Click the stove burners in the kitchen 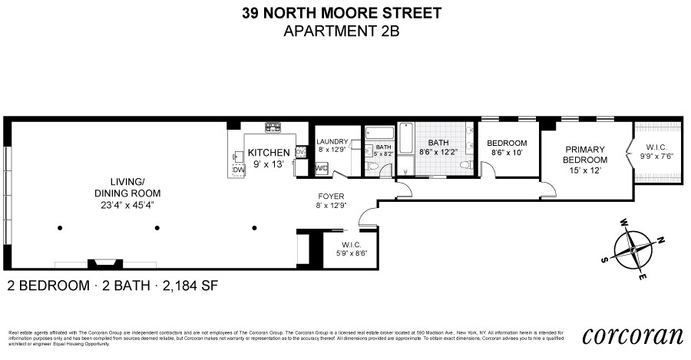point(273,127)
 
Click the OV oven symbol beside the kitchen point(300,152)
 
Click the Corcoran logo point(633,335)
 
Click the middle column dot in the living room point(157,227)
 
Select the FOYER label point(332,196)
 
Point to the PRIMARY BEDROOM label point(586,154)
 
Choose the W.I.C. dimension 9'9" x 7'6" point(658,157)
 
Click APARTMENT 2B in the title point(342,31)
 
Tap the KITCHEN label point(268,153)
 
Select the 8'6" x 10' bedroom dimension point(508,153)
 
